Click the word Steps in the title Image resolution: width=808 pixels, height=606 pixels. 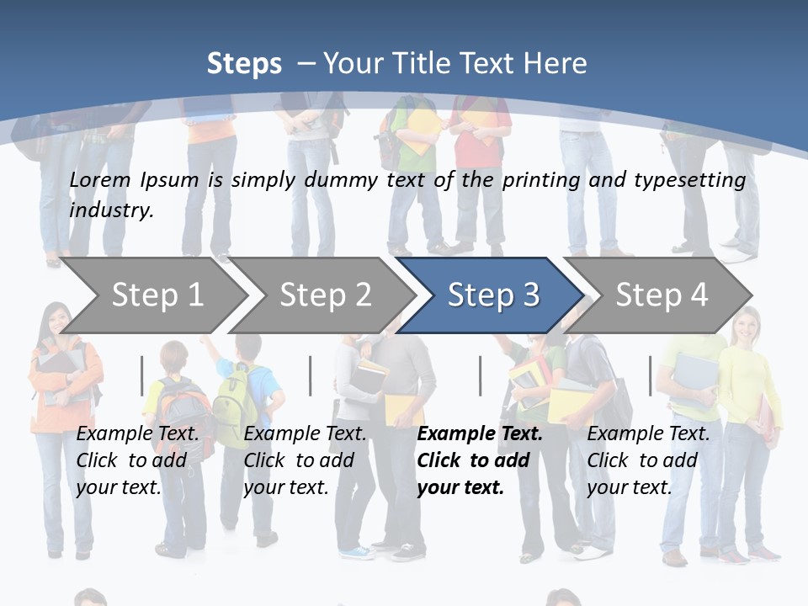click(244, 64)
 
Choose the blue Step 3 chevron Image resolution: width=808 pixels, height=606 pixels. click(493, 295)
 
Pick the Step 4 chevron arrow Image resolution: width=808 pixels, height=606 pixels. click(662, 295)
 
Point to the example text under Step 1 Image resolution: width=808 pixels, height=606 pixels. click(137, 460)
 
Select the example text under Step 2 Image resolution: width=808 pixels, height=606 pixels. click(305, 460)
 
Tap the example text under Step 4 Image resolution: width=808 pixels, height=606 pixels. click(648, 460)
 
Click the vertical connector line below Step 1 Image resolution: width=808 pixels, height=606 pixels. click(142, 375)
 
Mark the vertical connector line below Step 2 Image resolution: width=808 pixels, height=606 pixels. click(311, 375)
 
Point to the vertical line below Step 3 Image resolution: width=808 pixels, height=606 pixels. click(481, 375)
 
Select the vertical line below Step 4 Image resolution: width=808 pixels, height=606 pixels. click(650, 375)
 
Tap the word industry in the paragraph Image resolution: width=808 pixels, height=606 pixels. click(110, 210)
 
